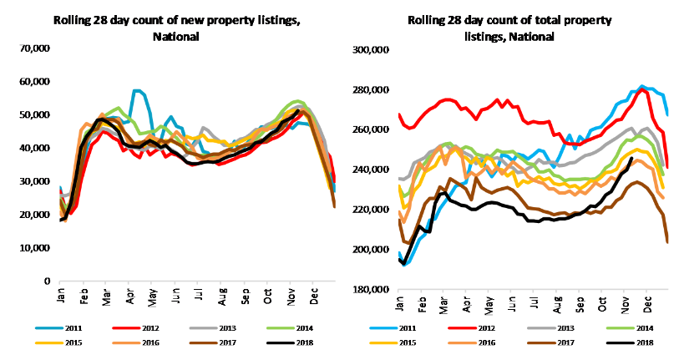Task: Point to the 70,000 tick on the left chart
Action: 36,48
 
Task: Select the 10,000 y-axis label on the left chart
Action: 36,248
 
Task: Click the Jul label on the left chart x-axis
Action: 198,297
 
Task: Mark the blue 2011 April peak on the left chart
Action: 135,90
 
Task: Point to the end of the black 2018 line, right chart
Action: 631,159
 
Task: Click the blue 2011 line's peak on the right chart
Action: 641,85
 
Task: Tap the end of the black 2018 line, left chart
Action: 298,110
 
